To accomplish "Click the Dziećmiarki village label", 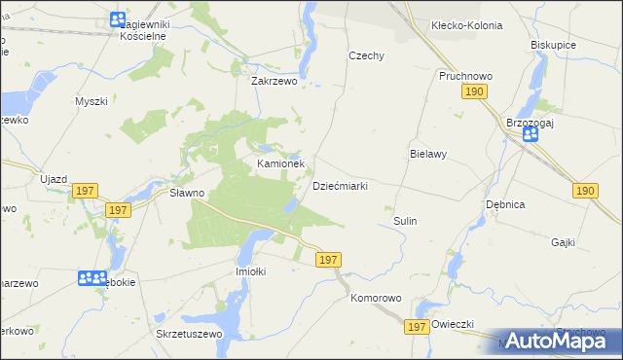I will (x=339, y=186).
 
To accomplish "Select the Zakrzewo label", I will (x=274, y=82).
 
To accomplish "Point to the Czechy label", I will (x=367, y=55).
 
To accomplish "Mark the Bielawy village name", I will (x=427, y=154).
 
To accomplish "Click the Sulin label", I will (x=405, y=221).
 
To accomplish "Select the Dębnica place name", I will (x=506, y=204).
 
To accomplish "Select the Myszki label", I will (x=91, y=100).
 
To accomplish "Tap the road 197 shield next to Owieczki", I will (x=419, y=329).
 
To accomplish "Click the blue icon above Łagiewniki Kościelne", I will (x=118, y=18).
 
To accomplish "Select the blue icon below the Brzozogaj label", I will (x=531, y=134).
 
